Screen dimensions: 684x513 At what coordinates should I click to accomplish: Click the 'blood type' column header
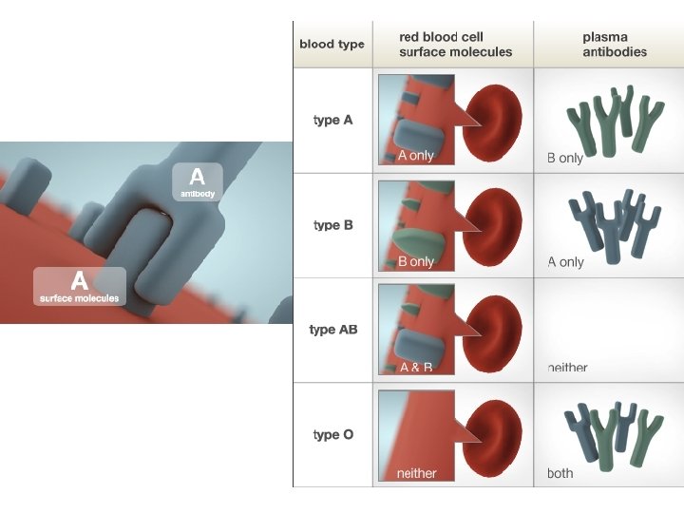pyautogui.click(x=332, y=45)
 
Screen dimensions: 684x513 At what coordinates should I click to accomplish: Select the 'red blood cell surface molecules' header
pyautogui.click(x=455, y=45)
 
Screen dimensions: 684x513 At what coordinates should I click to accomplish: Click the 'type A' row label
pyautogui.click(x=333, y=121)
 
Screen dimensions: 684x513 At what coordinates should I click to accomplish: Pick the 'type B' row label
pyautogui.click(x=333, y=225)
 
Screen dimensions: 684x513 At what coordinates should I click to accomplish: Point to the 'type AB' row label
pyautogui.click(x=333, y=330)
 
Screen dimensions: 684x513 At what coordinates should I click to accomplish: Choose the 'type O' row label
pyautogui.click(x=333, y=434)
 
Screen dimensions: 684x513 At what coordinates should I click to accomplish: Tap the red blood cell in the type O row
pyautogui.click(x=496, y=432)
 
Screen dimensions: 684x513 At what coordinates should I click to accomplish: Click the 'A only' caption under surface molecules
pyautogui.click(x=415, y=156)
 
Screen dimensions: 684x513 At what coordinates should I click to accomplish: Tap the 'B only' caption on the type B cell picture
pyautogui.click(x=415, y=261)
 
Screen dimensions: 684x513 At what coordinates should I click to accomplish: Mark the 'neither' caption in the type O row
pyautogui.click(x=416, y=473)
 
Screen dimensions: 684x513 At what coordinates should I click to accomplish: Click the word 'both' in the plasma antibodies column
pyautogui.click(x=560, y=473)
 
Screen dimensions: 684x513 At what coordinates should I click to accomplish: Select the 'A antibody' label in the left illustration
pyautogui.click(x=197, y=181)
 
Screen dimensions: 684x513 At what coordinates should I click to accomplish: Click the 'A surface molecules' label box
pyautogui.click(x=80, y=286)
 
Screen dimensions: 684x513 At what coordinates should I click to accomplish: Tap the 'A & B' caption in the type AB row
pyautogui.click(x=416, y=367)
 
